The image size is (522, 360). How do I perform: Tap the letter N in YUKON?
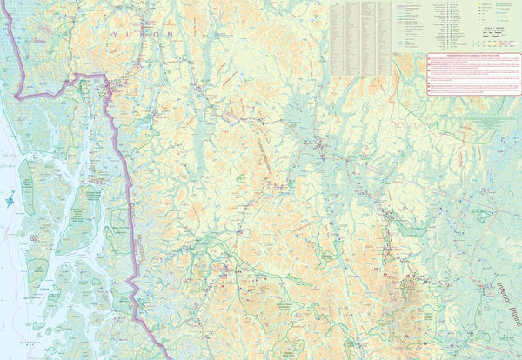(x=170, y=35)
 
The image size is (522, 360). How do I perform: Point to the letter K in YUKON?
(x=142, y=33)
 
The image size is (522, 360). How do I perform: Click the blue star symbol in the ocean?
(x=10, y=201)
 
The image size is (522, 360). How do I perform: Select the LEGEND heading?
(x=408, y=3)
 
